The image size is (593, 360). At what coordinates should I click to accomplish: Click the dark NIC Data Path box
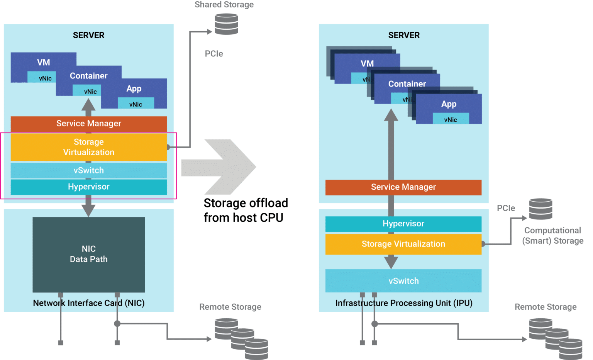[x=88, y=254]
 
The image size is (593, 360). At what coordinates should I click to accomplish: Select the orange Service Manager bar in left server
[x=88, y=124]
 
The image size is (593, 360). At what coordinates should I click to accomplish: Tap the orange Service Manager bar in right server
[x=403, y=187]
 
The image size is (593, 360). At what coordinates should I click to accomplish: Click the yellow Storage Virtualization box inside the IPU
[x=403, y=244]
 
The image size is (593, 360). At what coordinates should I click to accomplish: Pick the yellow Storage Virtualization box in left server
[x=88, y=147]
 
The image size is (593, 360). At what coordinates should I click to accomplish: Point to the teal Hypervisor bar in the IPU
[x=403, y=224]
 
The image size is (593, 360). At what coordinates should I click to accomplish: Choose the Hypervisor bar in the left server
[x=88, y=187]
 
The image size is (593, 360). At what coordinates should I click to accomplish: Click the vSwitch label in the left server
[x=88, y=170]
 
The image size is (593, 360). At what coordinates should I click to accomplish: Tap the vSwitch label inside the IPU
[x=403, y=281]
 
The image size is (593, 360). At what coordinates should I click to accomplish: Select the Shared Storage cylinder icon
[x=226, y=24]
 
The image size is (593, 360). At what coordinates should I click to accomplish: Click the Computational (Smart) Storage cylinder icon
[x=540, y=209]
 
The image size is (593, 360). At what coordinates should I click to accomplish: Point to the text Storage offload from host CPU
[x=246, y=211]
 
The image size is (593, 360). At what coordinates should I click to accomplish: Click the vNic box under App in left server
[x=136, y=104]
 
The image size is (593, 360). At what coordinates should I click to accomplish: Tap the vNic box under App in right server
[x=451, y=120]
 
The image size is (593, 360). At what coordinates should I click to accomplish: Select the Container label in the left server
[x=88, y=76]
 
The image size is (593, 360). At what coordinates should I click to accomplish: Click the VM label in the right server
[x=367, y=63]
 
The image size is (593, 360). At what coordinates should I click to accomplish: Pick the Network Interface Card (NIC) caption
[x=88, y=303]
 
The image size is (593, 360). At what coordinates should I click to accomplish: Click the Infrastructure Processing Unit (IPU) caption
[x=404, y=303]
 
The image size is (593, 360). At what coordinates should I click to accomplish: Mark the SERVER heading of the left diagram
[x=88, y=35]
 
